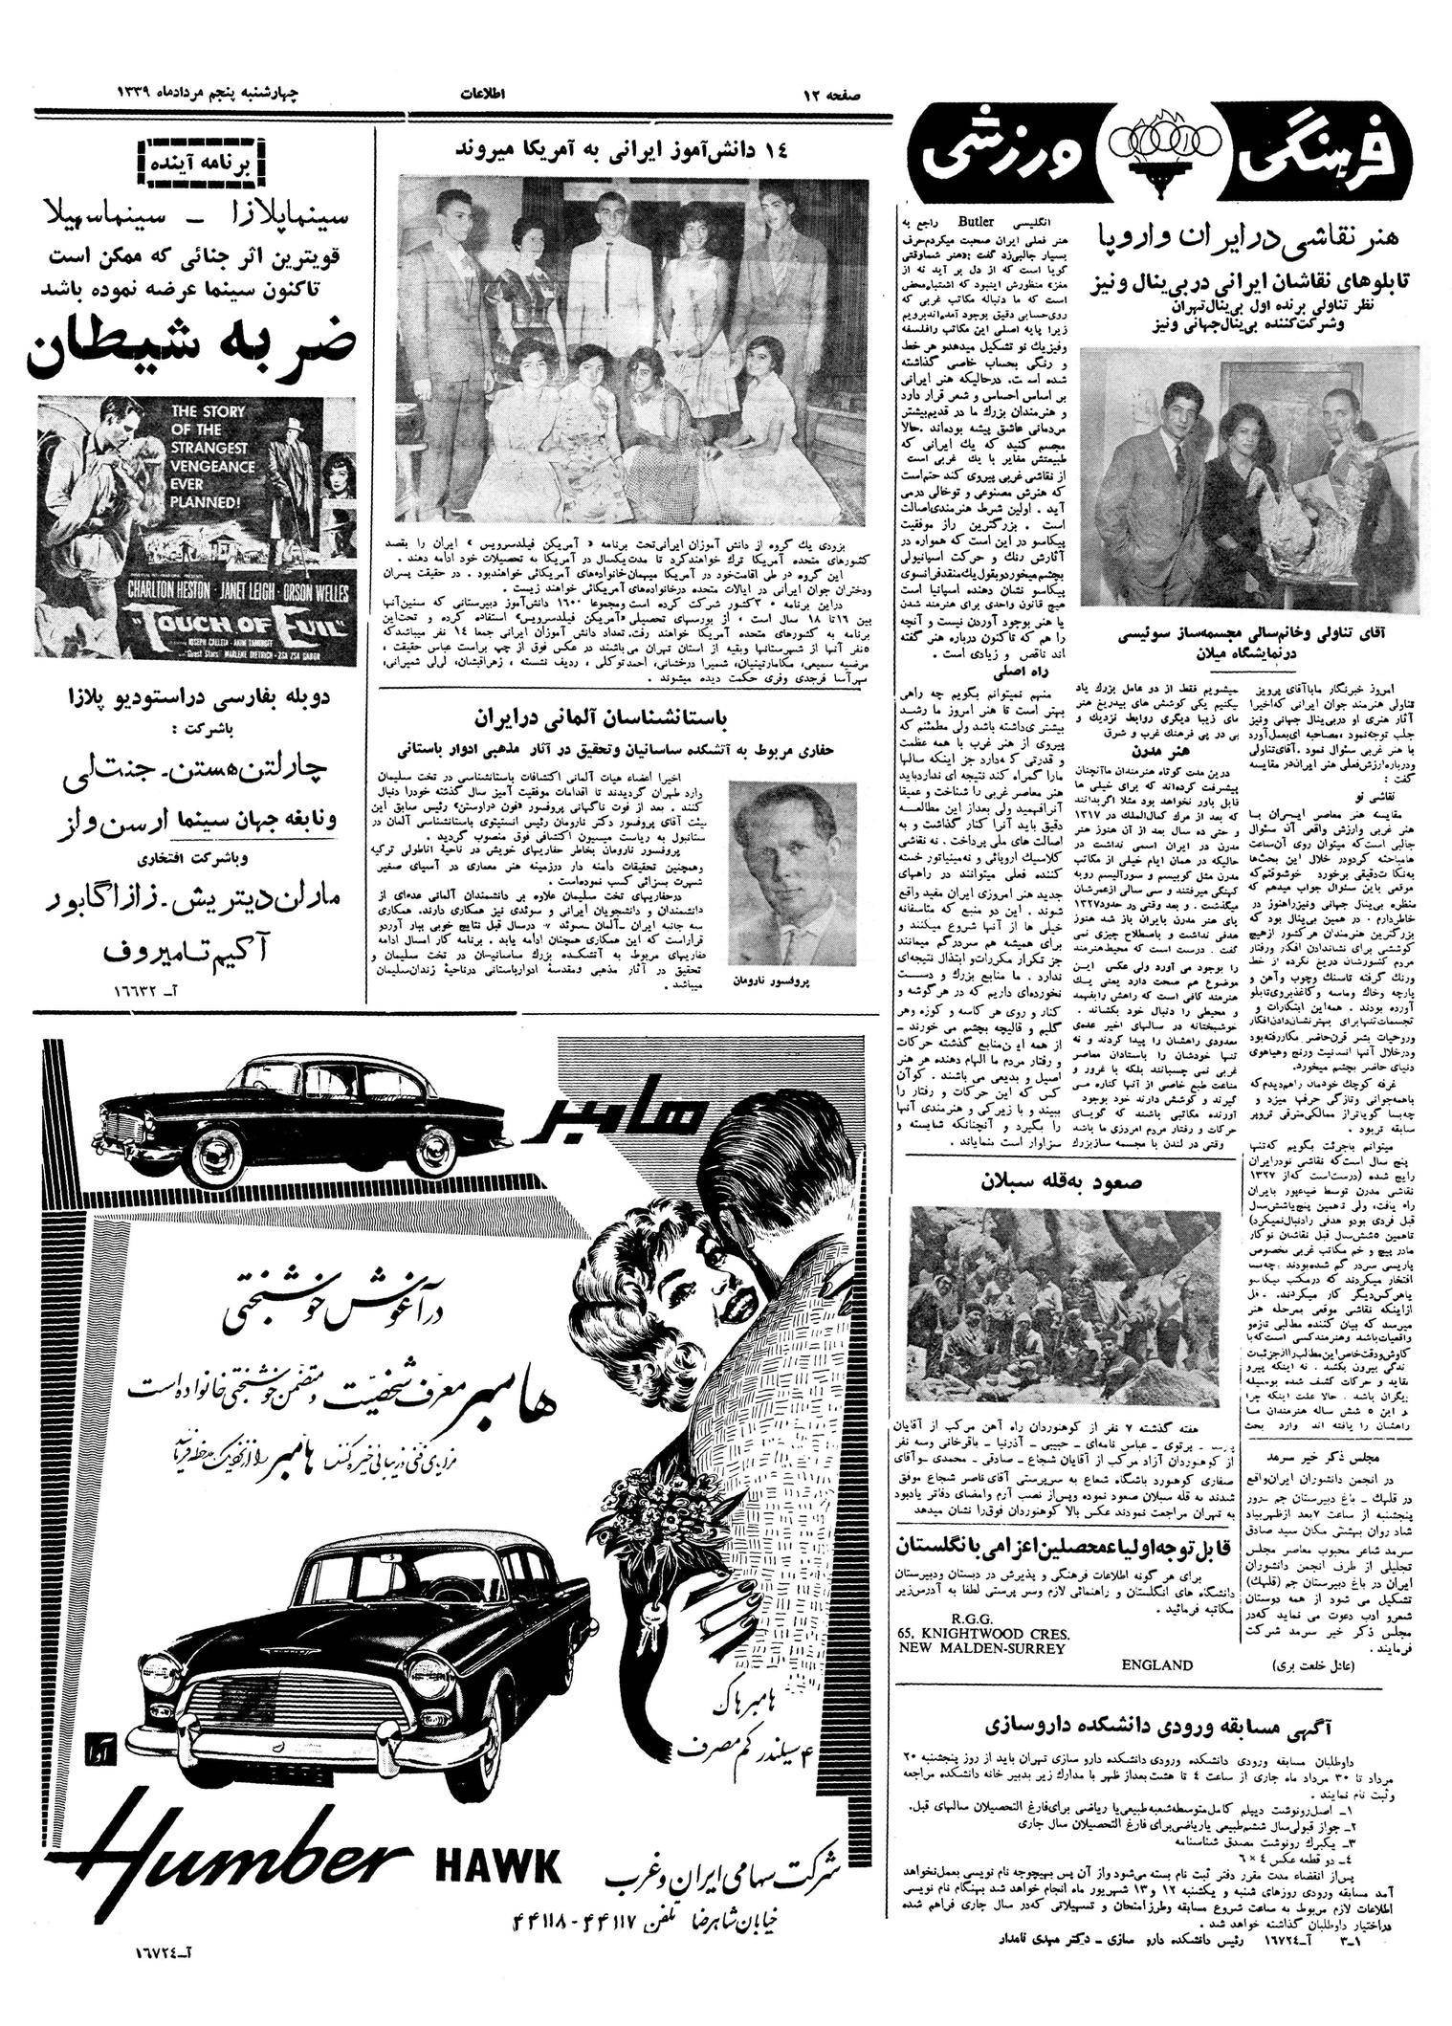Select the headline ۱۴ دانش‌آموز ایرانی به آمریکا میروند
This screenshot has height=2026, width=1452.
631,150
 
